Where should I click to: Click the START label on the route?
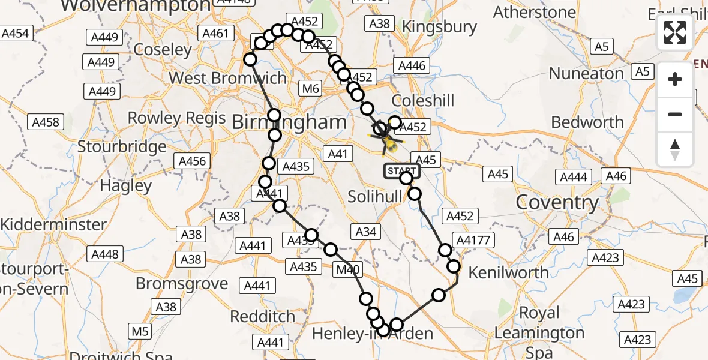[401, 171]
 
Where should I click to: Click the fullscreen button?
[675, 32]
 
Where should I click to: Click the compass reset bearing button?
[675, 149]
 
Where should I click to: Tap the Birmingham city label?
[289, 122]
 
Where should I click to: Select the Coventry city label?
[557, 202]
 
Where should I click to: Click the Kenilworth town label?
[508, 273]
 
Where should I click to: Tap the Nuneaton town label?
[587, 74]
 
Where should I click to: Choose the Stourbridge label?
[122, 146]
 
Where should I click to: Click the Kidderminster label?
[53, 225]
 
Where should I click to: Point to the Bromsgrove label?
[182, 283]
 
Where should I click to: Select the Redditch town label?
[263, 316]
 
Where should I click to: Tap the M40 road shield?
[349, 270]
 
